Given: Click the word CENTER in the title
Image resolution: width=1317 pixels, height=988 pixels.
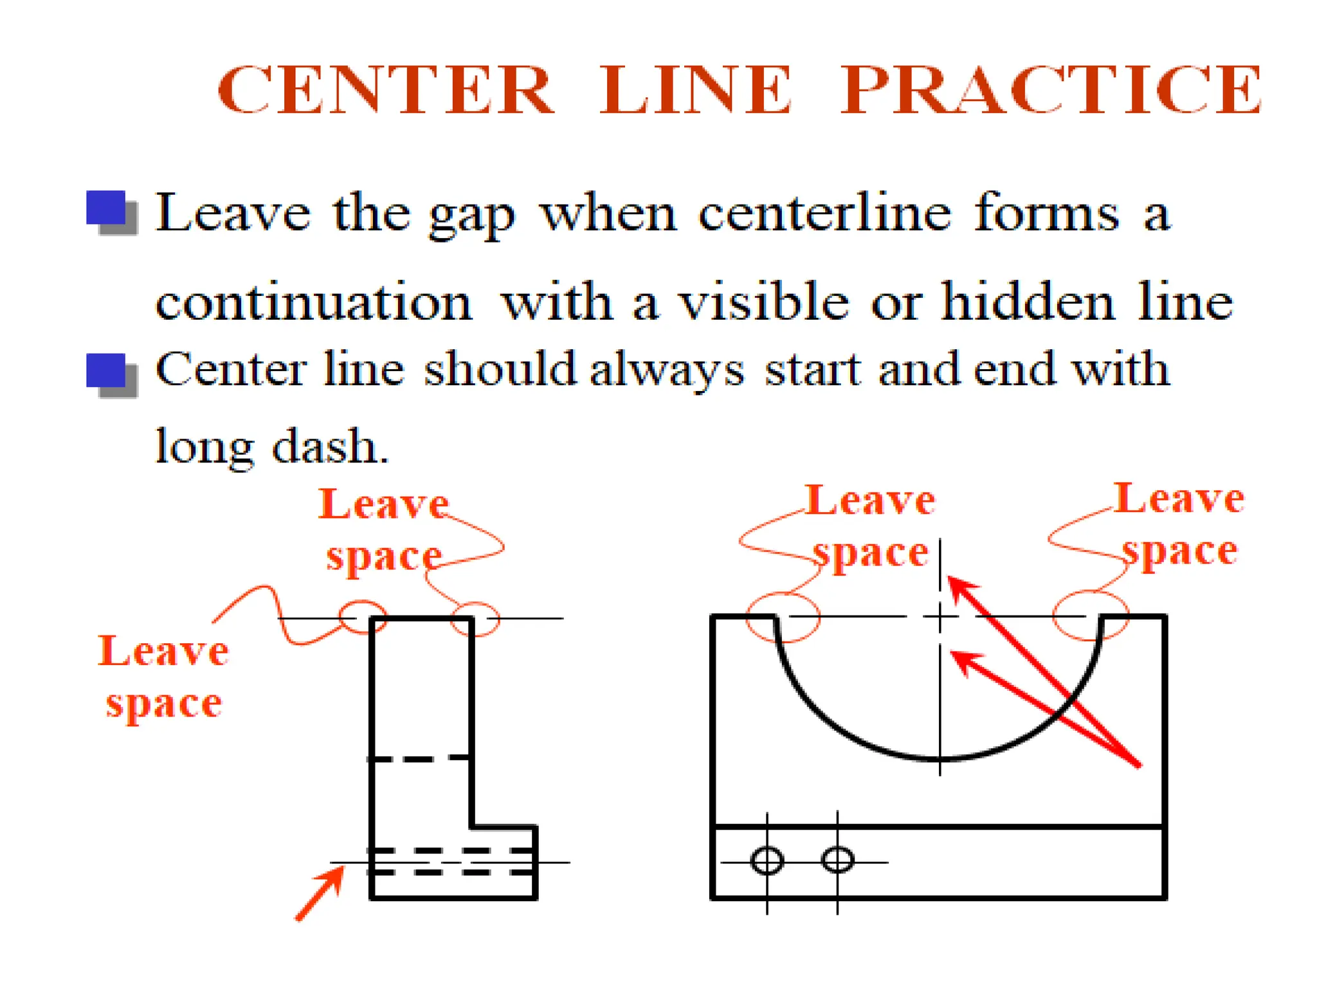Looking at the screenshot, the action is pos(385,90).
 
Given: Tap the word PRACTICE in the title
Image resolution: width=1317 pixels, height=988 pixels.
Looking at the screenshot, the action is pos(1051,90).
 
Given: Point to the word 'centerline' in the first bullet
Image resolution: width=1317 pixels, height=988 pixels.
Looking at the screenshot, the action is pos(824,213).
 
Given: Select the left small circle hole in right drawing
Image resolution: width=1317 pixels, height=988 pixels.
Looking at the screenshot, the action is pos(767,861).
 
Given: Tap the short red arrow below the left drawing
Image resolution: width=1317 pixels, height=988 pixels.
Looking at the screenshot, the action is pos(320,893).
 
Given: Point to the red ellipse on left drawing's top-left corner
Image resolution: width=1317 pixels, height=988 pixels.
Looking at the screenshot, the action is pos(363,617).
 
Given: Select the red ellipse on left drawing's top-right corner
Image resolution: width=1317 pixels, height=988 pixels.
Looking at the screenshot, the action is pos(475,619).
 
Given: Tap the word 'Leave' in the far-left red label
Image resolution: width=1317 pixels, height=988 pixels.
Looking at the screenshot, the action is pos(163,651).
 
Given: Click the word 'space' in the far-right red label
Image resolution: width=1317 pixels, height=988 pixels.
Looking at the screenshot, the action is pos(1180,551).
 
